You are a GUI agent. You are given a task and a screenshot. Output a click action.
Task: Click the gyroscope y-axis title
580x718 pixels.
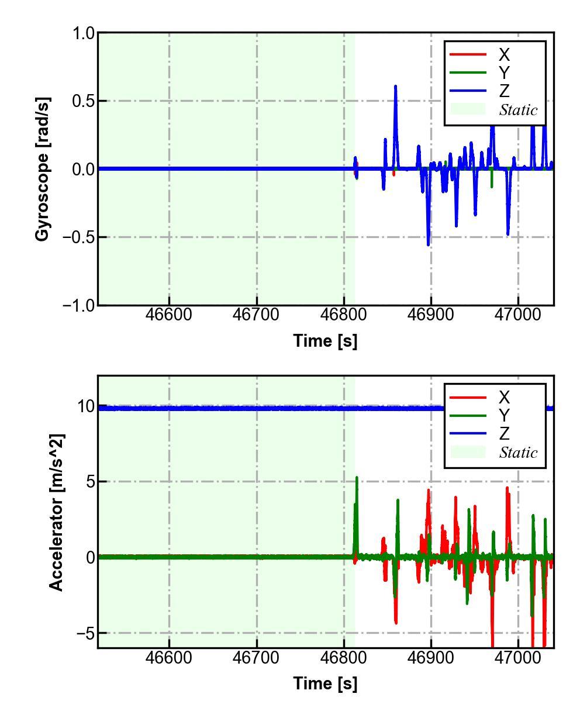pos(43,169)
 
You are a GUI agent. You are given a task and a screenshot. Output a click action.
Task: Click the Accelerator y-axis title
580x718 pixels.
pos(56,512)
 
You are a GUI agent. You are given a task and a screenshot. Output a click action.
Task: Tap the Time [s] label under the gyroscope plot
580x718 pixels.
pos(325,341)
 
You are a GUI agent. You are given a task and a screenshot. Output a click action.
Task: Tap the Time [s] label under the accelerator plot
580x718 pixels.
pos(325,683)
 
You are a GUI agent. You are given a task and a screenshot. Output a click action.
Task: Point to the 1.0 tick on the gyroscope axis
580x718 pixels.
pos(83,33)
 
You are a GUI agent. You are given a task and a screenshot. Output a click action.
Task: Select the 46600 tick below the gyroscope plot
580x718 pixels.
pos(170,315)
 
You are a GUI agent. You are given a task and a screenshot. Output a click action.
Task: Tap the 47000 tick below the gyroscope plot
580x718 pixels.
pos(518,315)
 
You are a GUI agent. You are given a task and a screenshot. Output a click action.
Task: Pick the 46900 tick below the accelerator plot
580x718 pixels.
pos(431,657)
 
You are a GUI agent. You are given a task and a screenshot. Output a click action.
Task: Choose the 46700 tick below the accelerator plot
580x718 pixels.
pos(257,657)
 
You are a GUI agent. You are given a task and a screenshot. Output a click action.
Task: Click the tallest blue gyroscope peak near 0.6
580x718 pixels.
pos(395,87)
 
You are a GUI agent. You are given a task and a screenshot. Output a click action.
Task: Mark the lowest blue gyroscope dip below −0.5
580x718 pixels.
pos(428,244)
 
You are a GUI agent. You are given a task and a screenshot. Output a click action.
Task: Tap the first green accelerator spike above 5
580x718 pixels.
pos(357,478)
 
